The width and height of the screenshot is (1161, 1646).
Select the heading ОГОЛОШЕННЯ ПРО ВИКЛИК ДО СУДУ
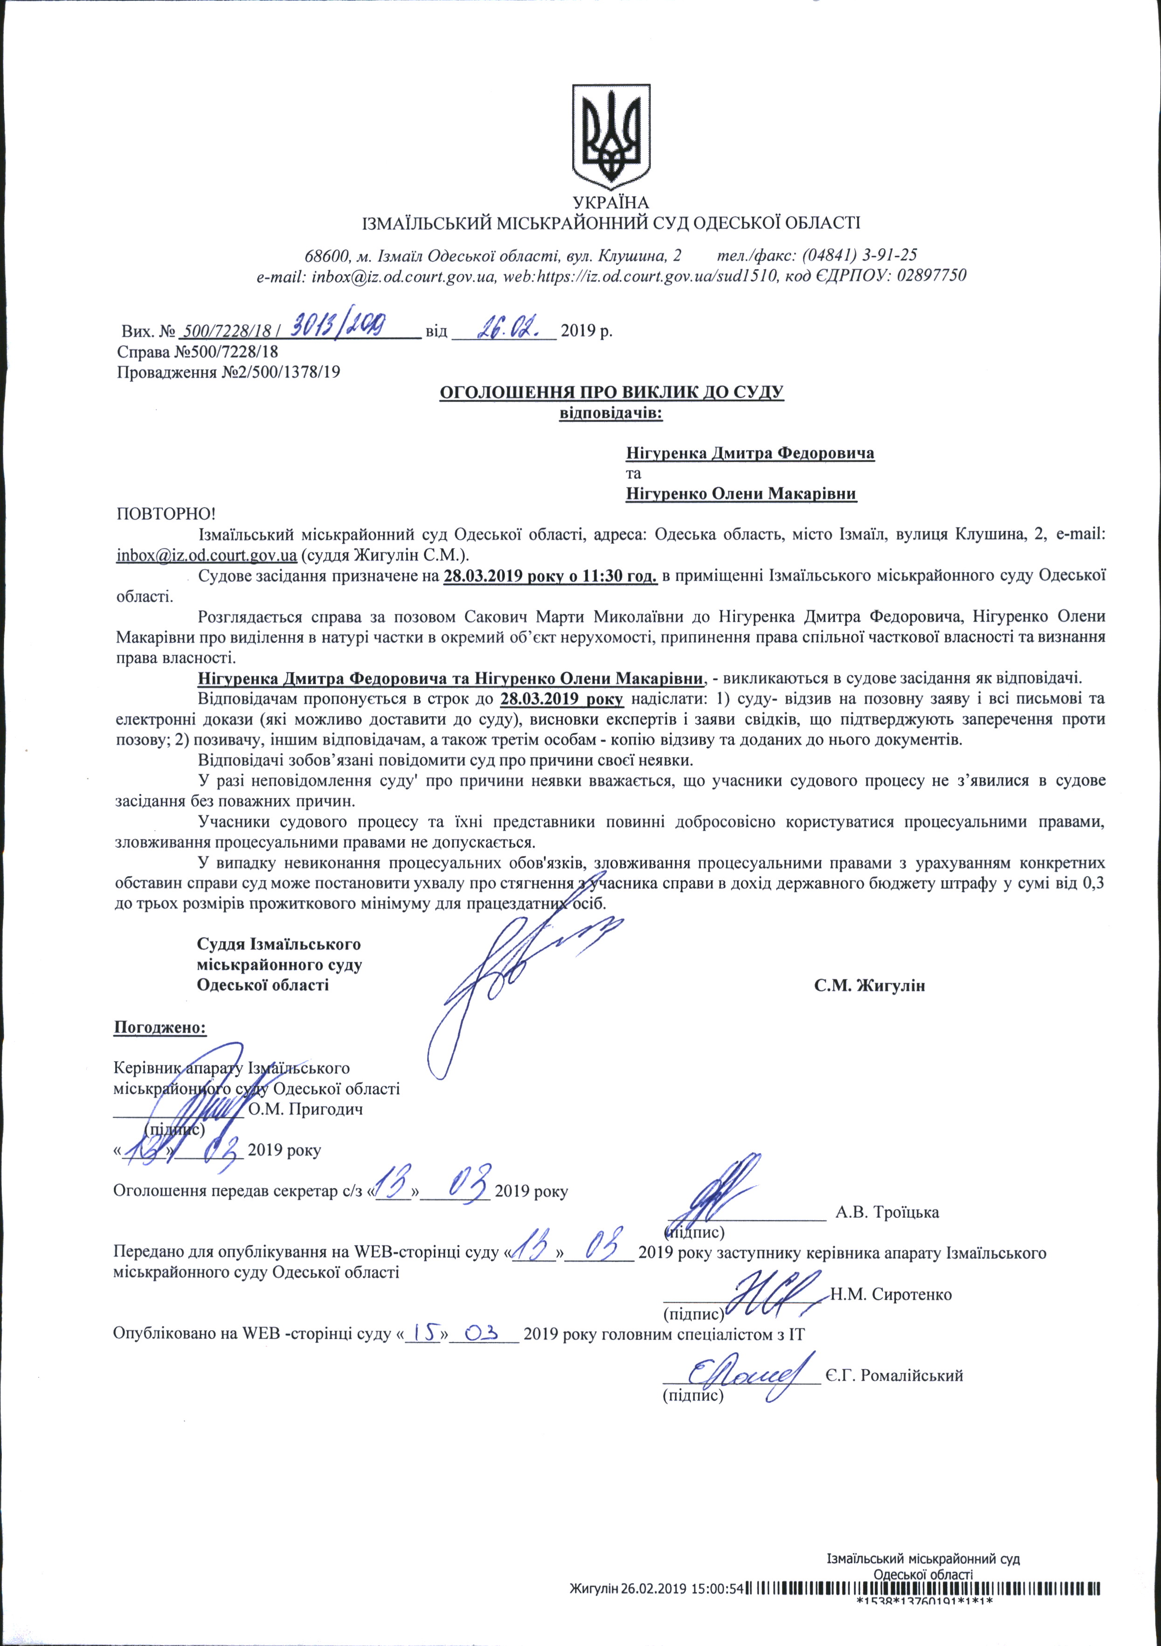[x=611, y=392]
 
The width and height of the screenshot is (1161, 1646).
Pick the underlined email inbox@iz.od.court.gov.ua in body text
[x=207, y=555]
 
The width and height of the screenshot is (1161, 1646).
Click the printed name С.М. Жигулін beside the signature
[x=869, y=986]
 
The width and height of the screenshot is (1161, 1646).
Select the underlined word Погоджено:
[x=160, y=1028]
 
